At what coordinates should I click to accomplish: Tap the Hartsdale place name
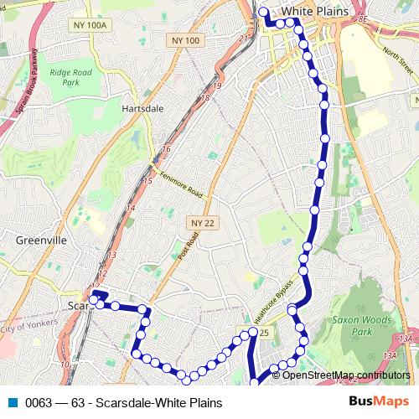[x=142, y=108]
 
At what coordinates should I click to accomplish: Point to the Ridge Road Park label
[x=75, y=78]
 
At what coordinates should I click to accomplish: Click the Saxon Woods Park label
[x=358, y=325]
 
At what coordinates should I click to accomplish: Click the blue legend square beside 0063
[x=13, y=403]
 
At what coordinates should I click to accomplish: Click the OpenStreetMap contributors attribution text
[x=340, y=375]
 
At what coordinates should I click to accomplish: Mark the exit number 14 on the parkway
[x=130, y=208]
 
